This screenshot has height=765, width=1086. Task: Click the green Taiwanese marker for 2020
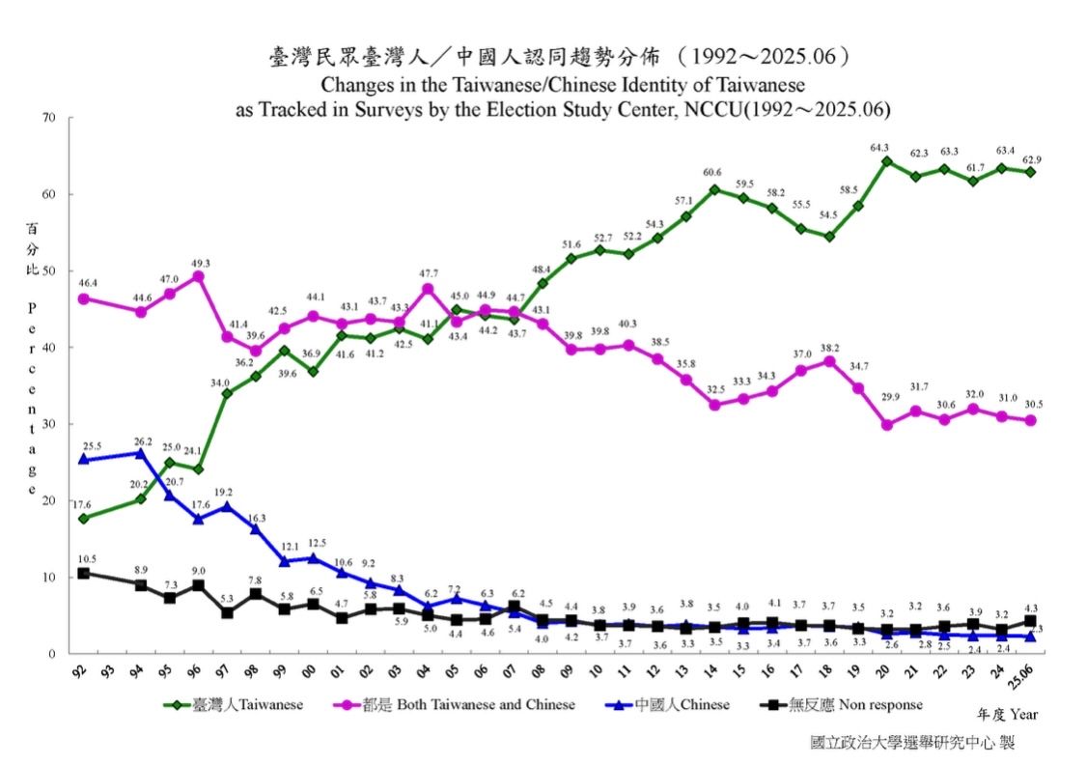[886, 161]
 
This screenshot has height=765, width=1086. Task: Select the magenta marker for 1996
[198, 276]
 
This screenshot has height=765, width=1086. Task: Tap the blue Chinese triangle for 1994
[141, 453]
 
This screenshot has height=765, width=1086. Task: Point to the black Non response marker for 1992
[84, 573]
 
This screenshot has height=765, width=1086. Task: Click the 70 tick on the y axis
[49, 118]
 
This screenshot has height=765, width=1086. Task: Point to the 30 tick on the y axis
[49, 424]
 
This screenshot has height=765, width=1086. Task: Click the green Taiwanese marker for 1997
[227, 393]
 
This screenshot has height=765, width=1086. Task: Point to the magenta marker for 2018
[828, 361]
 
